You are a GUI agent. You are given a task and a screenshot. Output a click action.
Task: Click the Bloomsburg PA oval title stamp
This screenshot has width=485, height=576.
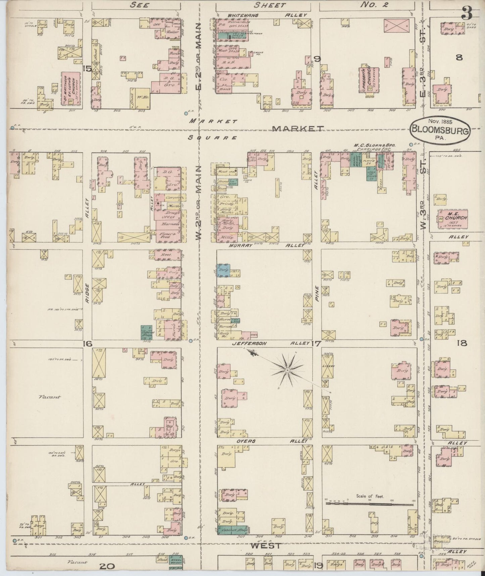(440, 129)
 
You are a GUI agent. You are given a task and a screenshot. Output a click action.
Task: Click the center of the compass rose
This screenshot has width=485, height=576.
(288, 370)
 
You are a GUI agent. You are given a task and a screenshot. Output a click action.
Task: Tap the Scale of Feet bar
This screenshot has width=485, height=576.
(369, 504)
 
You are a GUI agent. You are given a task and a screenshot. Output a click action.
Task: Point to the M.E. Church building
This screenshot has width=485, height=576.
(453, 219)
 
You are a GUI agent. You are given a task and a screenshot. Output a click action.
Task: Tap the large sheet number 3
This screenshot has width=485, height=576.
(467, 13)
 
